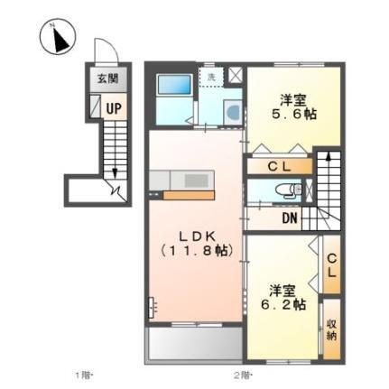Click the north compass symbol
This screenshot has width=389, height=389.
[56, 40]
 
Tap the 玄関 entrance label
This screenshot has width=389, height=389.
[107, 79]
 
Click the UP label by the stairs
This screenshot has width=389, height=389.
[115, 107]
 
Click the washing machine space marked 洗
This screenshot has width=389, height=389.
[211, 78]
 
